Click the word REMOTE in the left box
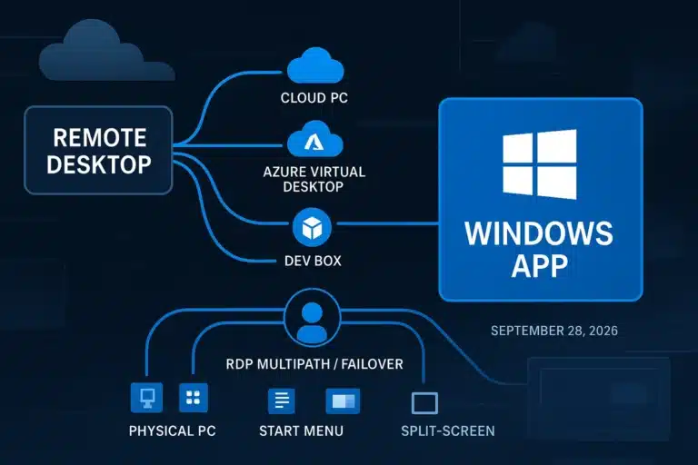[99, 137]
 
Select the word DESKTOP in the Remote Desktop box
[99, 164]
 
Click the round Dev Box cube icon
[313, 227]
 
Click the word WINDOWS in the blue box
[539, 233]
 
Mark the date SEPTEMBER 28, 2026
[553, 331]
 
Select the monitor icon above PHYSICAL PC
[146, 398]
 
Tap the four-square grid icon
[194, 398]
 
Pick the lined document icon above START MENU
[281, 401]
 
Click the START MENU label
[302, 430]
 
